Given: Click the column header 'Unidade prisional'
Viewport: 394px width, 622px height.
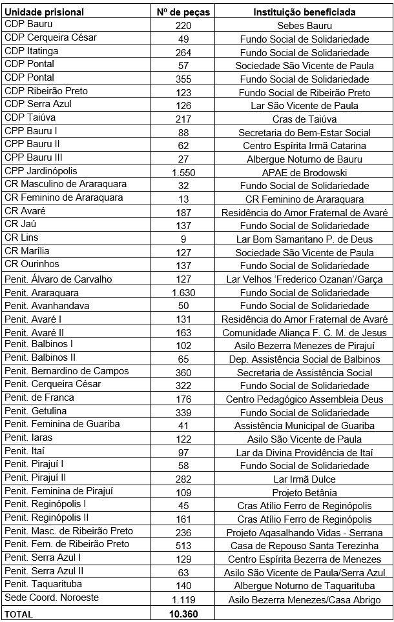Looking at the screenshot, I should pyautogui.click(x=40, y=12).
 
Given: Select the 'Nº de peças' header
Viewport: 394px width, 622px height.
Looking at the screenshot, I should pyautogui.click(x=183, y=12).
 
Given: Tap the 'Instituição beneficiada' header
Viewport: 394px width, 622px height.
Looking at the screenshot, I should pyautogui.click(x=304, y=12).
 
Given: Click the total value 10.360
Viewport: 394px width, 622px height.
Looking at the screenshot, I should pyautogui.click(x=183, y=614).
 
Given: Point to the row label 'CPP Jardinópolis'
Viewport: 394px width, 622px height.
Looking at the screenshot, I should pyautogui.click(x=41, y=171).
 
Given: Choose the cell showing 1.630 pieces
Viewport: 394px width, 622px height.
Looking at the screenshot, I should pyautogui.click(x=183, y=292).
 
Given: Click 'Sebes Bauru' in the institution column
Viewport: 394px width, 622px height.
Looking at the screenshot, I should pyautogui.click(x=304, y=26).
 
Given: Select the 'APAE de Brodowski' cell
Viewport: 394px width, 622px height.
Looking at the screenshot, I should pyautogui.click(x=304, y=172).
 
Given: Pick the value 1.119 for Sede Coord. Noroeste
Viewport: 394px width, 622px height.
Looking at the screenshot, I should pyautogui.click(x=183, y=600).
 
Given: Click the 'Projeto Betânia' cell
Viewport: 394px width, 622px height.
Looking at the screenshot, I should pyautogui.click(x=304, y=492).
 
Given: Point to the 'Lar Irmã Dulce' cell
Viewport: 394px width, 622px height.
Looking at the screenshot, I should pyautogui.click(x=304, y=479).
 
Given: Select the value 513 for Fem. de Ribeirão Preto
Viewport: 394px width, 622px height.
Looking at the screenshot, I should pyautogui.click(x=183, y=546).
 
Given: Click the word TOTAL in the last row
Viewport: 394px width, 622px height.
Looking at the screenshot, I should pyautogui.click(x=19, y=614).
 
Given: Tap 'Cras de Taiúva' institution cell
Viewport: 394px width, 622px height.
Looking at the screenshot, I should pyautogui.click(x=304, y=119).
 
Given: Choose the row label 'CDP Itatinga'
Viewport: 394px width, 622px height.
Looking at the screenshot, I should pyautogui.click(x=31, y=50).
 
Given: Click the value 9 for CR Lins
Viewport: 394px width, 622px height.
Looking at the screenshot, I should pyautogui.click(x=183, y=239).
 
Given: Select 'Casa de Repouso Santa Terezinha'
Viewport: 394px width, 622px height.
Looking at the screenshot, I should pyautogui.click(x=304, y=546).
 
